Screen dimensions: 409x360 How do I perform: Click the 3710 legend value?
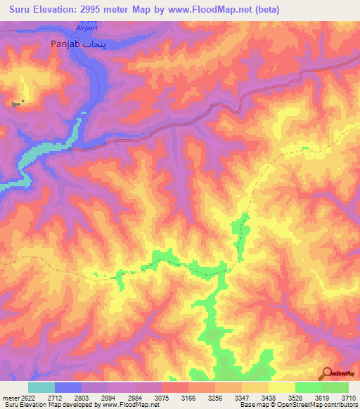tap(349, 398)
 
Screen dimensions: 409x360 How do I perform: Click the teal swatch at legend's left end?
tap(41, 387)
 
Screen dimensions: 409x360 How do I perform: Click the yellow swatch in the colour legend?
tap(281, 387)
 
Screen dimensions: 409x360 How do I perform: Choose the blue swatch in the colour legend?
tap(68, 387)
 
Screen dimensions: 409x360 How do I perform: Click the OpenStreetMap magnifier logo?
tap(326, 372)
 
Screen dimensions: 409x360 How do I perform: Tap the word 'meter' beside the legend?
tap(9, 398)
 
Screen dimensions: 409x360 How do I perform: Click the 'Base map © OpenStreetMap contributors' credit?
tap(298, 405)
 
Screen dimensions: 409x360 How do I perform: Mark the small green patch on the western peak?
tap(16, 104)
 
